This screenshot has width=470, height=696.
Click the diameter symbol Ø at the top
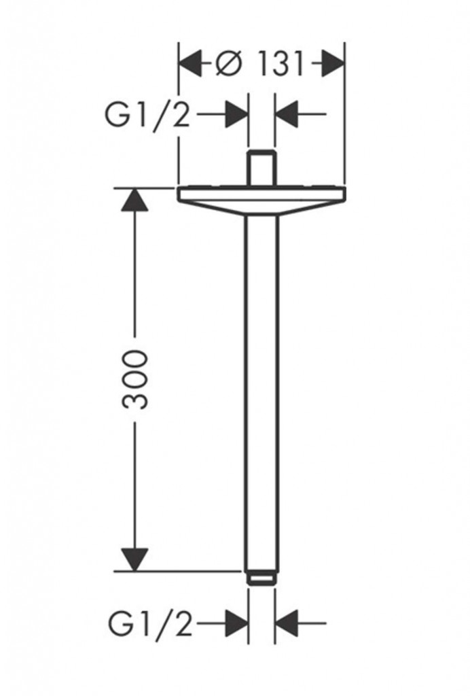click(230, 65)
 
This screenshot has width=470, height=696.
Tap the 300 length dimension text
click(134, 379)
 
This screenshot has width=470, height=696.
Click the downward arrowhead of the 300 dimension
click(134, 559)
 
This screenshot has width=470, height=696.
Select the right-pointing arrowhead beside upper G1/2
click(236, 114)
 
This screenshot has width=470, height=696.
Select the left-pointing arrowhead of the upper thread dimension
click(287, 114)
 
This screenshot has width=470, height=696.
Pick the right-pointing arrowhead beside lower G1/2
click(236, 623)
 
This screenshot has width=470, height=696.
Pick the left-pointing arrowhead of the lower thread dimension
click(287, 623)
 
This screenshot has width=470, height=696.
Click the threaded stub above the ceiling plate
click(261, 169)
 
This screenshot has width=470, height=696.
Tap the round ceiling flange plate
click(261, 201)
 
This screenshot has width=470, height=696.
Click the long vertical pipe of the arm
click(261, 394)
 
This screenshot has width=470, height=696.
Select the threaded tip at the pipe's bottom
click(261, 578)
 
